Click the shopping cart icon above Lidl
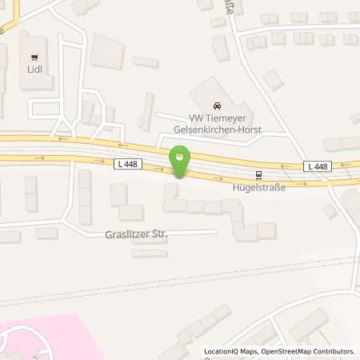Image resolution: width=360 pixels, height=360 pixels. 34,57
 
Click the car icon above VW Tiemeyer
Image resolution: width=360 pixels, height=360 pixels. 217,106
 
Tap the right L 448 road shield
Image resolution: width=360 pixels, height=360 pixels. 317,166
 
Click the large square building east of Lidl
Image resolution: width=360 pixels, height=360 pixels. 106,50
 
